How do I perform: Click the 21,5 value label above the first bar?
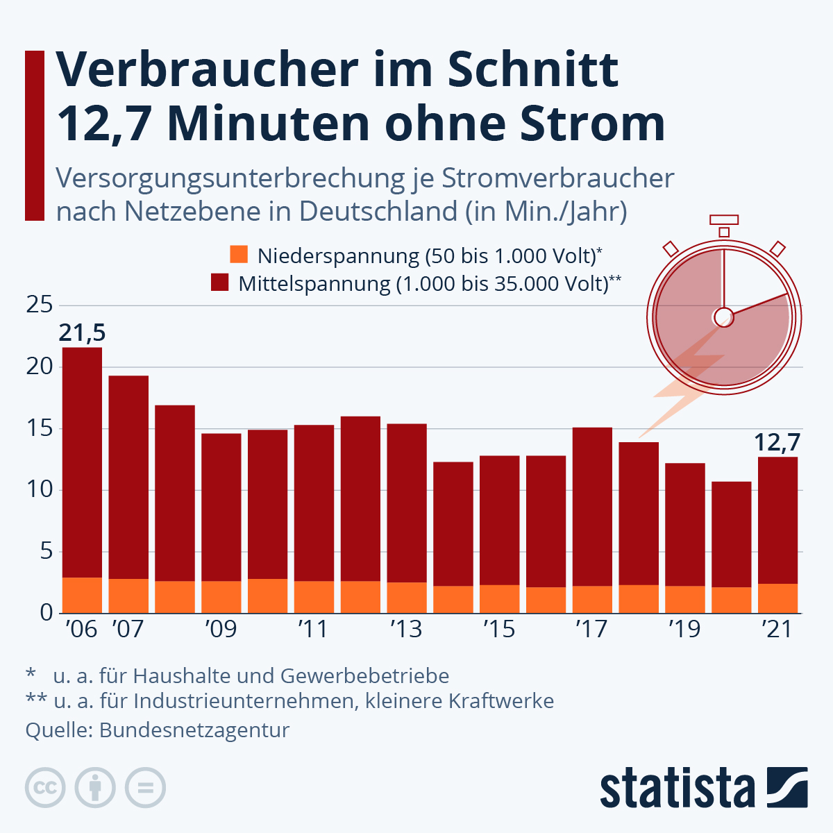coord(82,333)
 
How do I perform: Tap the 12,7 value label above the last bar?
coord(777,442)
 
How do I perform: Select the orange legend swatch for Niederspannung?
coord(239,255)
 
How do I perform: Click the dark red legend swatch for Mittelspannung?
coord(220,283)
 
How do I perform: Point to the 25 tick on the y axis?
coord(40,305)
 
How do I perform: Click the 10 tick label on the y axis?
coord(40,489)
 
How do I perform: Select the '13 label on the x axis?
coord(405,629)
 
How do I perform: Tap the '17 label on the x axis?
coord(591,629)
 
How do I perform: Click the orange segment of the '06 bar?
coord(82,595)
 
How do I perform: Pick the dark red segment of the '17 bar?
coord(592,507)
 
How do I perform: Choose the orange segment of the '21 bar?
coord(777,598)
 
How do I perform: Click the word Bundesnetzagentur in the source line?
coord(194,730)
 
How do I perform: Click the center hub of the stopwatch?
coord(723,317)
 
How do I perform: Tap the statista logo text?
coord(677,789)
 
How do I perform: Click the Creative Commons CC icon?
coord(45,788)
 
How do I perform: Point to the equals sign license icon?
coord(145,788)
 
